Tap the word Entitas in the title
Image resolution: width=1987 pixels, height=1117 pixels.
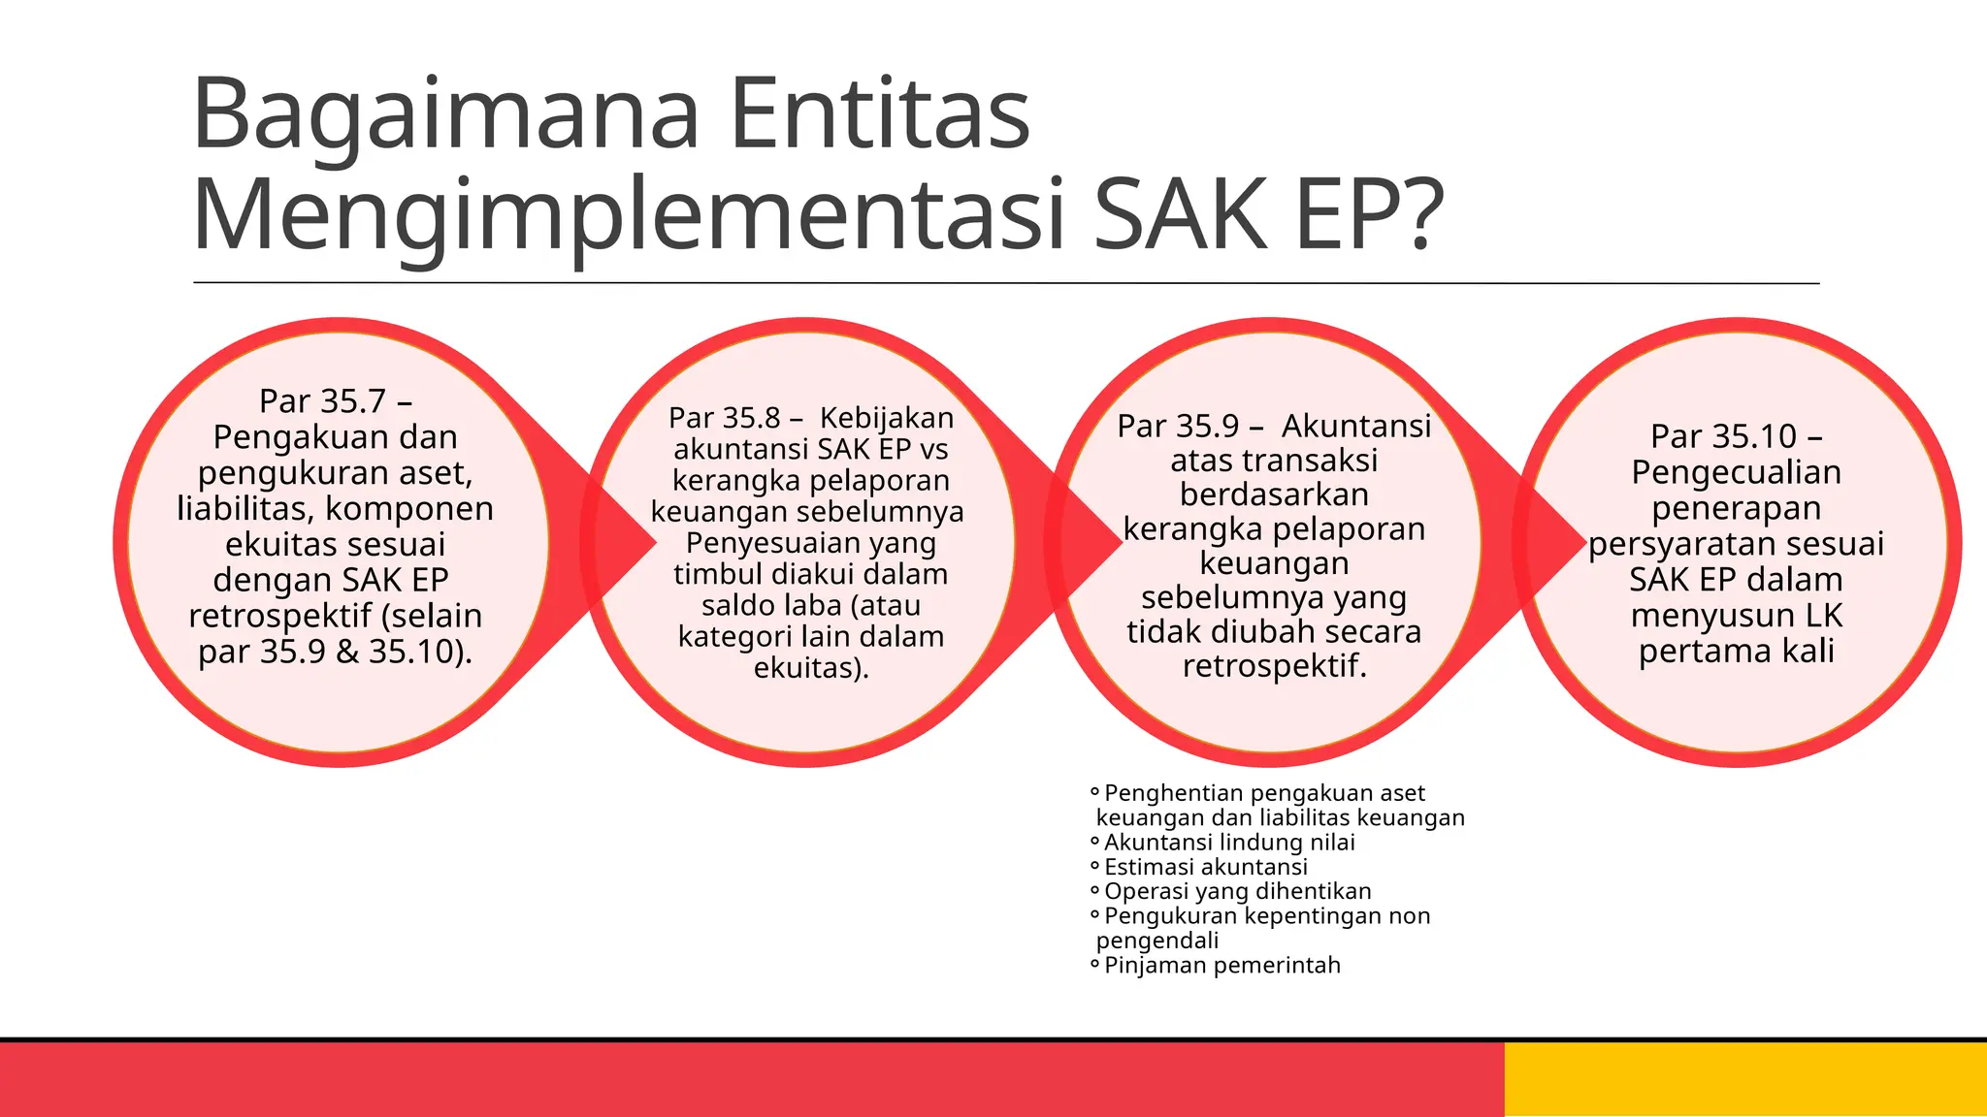879,114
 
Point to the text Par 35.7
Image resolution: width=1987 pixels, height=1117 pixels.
322,401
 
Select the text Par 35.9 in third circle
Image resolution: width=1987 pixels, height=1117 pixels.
1178,426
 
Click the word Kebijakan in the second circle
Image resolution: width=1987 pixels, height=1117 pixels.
887,418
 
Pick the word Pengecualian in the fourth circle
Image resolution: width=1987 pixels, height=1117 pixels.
1736,472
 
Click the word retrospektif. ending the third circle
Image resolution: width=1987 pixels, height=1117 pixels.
1274,666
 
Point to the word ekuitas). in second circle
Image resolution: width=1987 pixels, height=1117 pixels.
811,667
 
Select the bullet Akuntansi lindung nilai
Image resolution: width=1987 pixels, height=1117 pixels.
1228,843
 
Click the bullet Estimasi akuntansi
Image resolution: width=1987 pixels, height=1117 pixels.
1205,867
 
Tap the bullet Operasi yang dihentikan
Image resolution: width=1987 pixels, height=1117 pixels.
1237,891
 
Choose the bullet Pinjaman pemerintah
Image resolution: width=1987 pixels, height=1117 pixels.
1222,965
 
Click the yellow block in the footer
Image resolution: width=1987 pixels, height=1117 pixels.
1744,1079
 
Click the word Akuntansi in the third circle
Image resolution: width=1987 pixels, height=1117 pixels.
1356,426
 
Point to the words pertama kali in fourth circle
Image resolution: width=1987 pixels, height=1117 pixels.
1736,651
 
